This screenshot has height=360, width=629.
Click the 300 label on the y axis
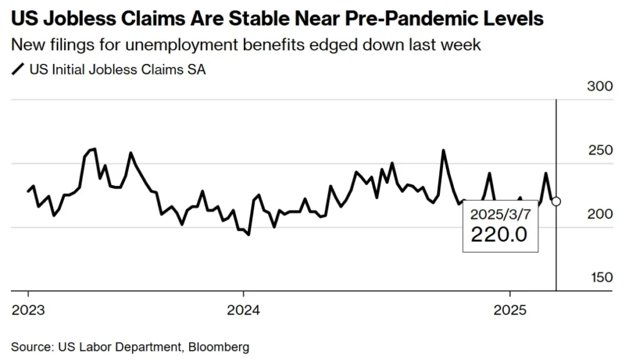pos(600,86)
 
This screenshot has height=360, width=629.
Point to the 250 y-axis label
pos(600,151)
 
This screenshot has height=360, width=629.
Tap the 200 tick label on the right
pos(600,214)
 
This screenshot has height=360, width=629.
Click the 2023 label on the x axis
pos(28,310)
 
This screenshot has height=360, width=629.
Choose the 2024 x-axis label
pos(243,310)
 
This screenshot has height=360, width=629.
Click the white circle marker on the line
pos(556,201)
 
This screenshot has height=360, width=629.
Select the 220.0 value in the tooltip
pos(499,235)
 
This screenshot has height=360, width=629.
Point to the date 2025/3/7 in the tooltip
pos(499,214)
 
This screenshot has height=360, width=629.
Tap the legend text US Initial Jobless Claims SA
pos(117,69)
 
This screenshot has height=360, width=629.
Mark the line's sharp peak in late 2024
pos(443,150)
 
